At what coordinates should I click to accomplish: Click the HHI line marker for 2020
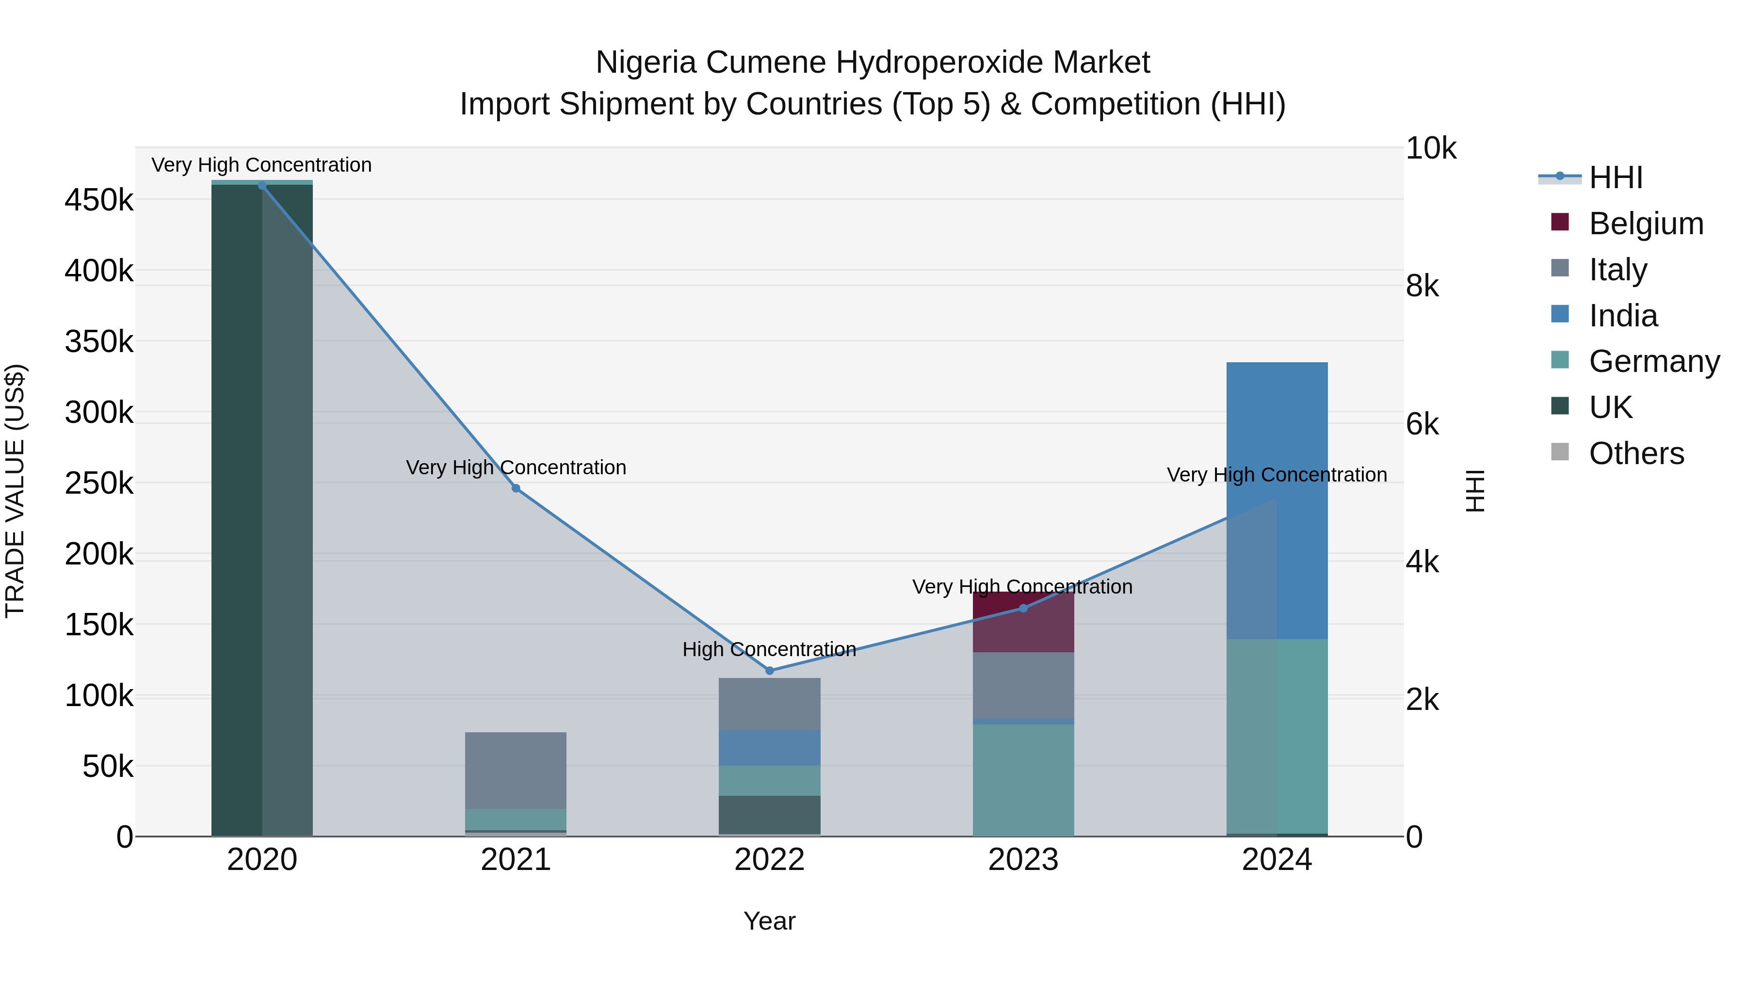point(262,186)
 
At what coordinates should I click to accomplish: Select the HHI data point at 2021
point(516,488)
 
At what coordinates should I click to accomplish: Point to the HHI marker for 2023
point(1023,608)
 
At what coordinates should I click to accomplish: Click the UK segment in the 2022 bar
point(769,815)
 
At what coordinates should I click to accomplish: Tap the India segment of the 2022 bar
point(769,747)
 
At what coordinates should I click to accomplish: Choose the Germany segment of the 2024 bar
point(1301,735)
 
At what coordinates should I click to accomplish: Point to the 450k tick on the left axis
point(99,201)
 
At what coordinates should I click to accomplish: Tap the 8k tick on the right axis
point(1422,286)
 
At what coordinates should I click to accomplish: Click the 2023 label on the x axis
point(1023,860)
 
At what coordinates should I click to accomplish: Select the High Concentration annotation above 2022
point(769,649)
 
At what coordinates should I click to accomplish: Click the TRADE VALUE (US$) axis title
point(15,491)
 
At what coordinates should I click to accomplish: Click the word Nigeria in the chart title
point(645,63)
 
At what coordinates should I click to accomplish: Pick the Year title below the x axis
point(769,921)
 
